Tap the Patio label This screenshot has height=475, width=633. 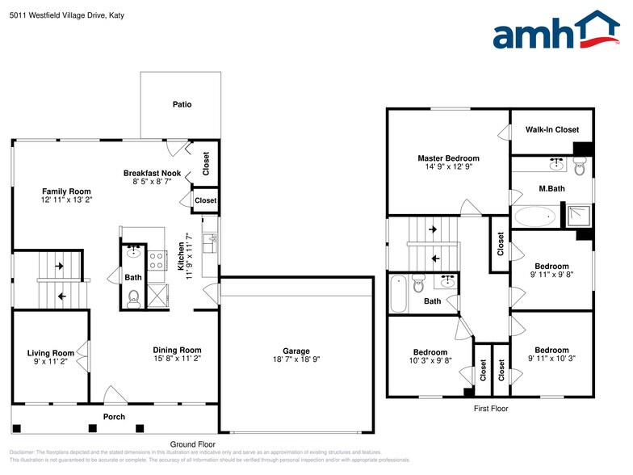[x=182, y=104]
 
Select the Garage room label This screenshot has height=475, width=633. [x=296, y=351]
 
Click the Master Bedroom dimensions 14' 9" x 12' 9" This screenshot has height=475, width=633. [x=448, y=167]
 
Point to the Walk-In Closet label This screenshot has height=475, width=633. [x=552, y=129]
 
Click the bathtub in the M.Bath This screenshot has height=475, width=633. [x=535, y=216]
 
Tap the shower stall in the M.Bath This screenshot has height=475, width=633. [x=578, y=215]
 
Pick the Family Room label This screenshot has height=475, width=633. [x=66, y=191]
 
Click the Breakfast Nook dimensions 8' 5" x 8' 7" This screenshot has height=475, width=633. [x=152, y=182]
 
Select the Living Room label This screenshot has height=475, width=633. [x=50, y=353]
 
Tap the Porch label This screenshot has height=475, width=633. [x=114, y=417]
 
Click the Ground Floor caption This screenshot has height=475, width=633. [x=192, y=444]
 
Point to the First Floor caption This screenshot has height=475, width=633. [x=491, y=409]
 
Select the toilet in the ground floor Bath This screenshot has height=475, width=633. [x=134, y=300]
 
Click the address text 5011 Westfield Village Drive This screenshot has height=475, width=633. [x=63, y=15]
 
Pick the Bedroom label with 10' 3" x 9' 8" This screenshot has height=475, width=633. [x=430, y=352]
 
